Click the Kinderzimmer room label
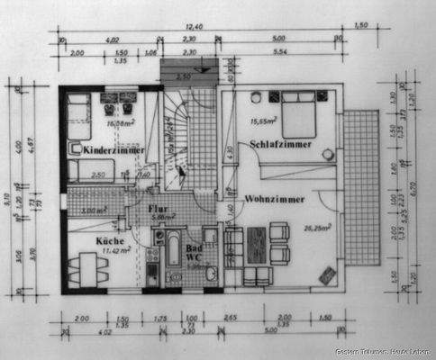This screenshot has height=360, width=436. [x=111, y=150]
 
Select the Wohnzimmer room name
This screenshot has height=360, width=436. [x=273, y=198]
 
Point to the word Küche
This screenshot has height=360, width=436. [x=110, y=241]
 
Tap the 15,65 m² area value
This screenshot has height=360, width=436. [x=266, y=121]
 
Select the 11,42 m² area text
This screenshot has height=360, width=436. [x=114, y=253]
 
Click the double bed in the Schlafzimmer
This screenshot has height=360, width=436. [x=298, y=117]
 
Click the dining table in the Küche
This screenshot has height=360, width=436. [x=87, y=268]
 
